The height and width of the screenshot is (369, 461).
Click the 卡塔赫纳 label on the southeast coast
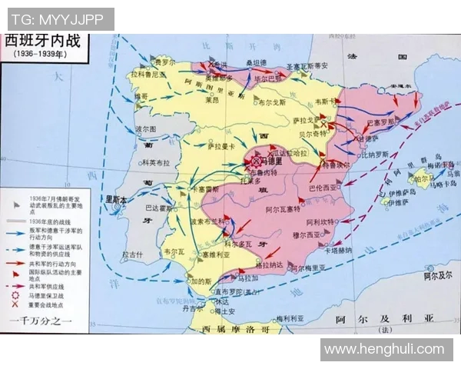[x=338, y=250]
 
